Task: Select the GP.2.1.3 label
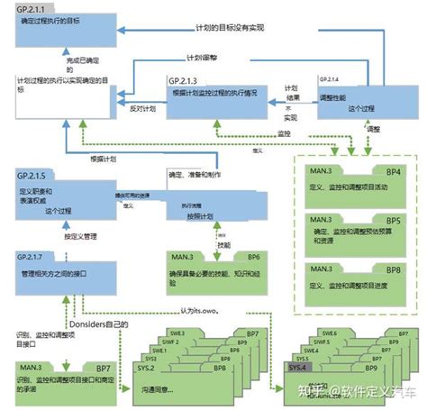[185, 81]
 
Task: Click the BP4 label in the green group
[394, 171]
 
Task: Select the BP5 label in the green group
[394, 220]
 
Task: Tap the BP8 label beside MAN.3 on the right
[394, 269]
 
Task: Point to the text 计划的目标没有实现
[232, 29]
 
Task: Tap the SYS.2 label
[146, 369]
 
